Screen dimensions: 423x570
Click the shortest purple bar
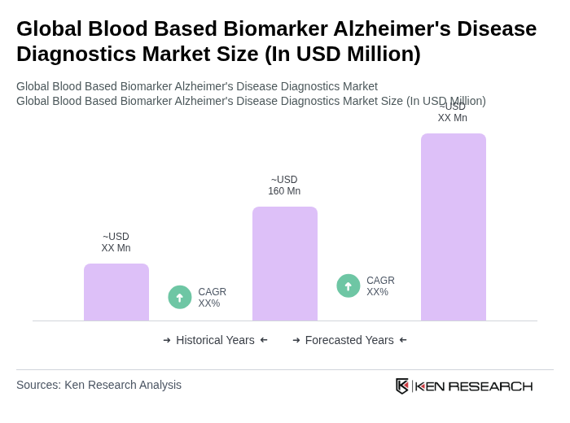[x=116, y=292]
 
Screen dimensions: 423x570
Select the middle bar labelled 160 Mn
[x=284, y=264]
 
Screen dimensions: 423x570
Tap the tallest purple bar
[x=453, y=227]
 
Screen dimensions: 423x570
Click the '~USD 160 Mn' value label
[x=284, y=185]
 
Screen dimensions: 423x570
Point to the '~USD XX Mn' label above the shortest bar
[x=116, y=242]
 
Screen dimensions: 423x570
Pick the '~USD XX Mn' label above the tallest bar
[x=453, y=112]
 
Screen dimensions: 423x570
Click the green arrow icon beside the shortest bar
[x=180, y=297]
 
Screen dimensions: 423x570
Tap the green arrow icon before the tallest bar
[x=349, y=286]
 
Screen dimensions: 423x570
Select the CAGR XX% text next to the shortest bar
[x=213, y=298]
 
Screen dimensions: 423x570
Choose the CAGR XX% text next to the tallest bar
[x=380, y=286]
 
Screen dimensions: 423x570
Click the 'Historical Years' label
[x=215, y=340]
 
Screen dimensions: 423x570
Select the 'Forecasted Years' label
[x=349, y=340]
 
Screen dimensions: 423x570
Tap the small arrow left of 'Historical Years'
[x=167, y=340]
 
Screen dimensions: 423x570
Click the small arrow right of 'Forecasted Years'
[x=403, y=340]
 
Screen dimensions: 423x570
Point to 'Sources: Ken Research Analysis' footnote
[x=99, y=385]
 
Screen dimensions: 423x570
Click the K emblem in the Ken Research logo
[x=402, y=386]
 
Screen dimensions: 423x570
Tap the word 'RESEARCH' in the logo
[x=490, y=386]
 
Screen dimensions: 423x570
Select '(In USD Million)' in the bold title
[x=343, y=54]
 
